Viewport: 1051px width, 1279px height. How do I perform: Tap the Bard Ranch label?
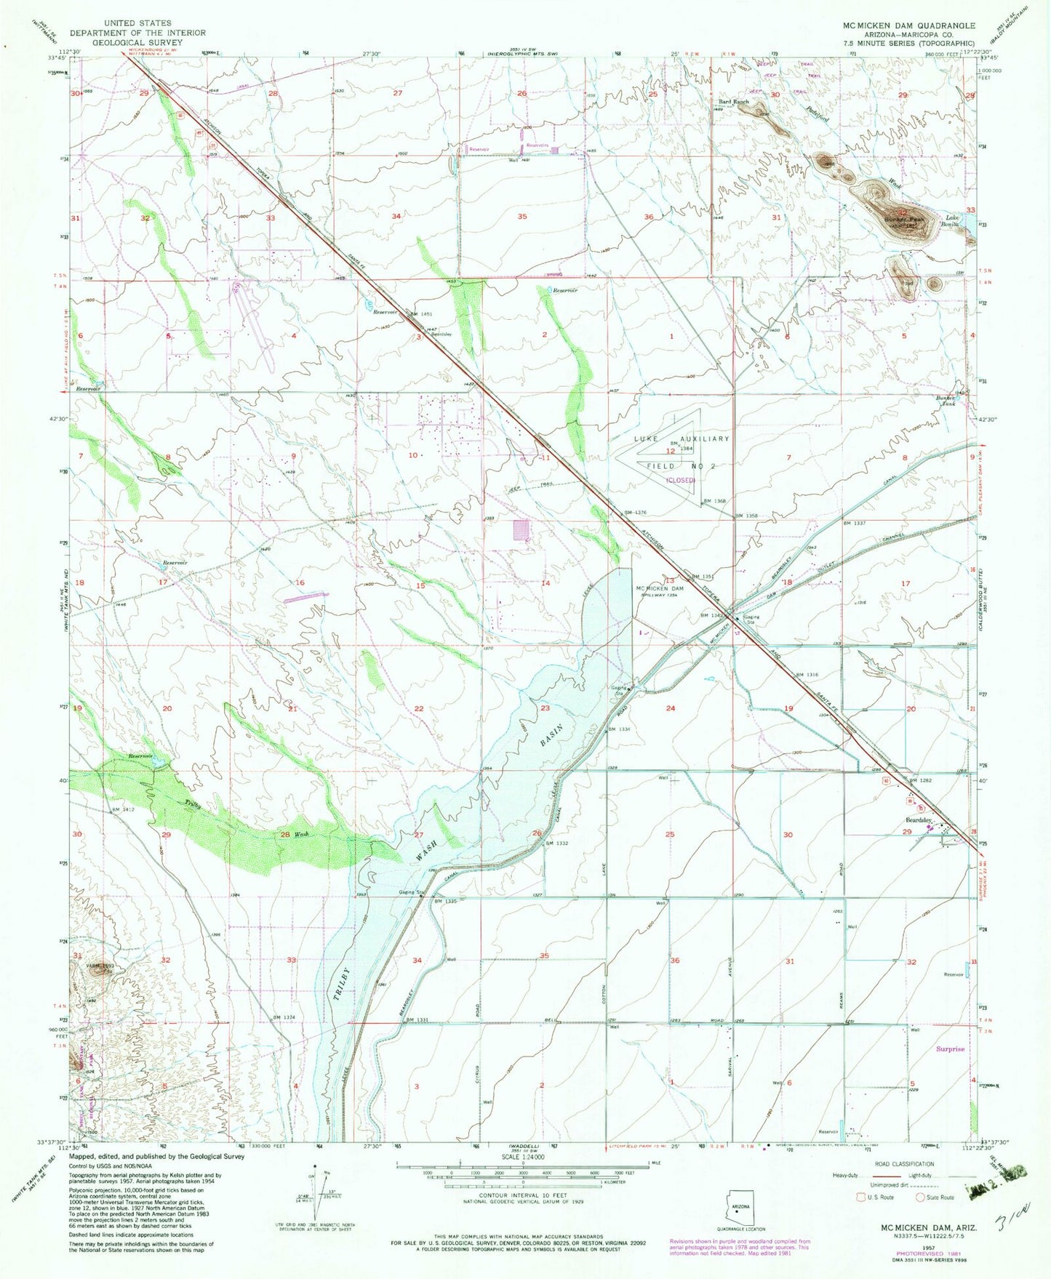pos(733,102)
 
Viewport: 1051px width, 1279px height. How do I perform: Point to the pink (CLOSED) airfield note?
pos(681,480)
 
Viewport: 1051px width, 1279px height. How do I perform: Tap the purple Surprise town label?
pos(950,1049)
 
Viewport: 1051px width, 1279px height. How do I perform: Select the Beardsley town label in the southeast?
pos(918,819)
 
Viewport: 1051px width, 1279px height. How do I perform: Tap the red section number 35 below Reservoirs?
pos(522,217)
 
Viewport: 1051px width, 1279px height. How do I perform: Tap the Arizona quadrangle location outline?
pos(739,1209)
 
